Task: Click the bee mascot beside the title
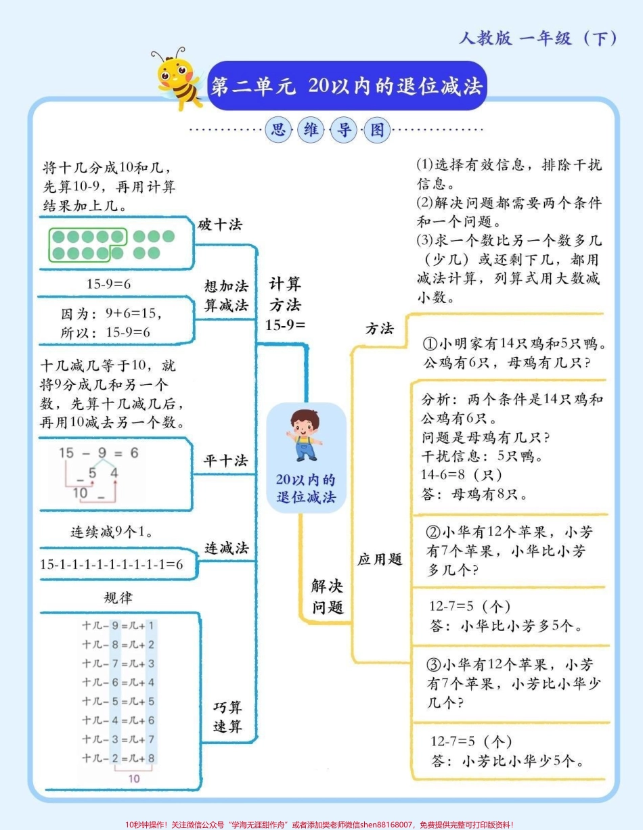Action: click(178, 77)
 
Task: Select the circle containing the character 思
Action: click(278, 130)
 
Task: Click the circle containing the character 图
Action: click(377, 130)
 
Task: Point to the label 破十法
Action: click(220, 225)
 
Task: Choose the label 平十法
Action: click(226, 461)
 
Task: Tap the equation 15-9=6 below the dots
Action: click(109, 284)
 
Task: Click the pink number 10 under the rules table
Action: click(134, 779)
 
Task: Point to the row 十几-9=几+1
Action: click(118, 626)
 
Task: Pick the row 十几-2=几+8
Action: click(118, 758)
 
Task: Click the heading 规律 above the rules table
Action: click(118, 597)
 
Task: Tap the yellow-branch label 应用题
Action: click(380, 559)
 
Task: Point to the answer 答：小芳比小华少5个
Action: click(507, 761)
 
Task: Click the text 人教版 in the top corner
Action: click(485, 39)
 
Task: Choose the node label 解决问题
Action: click(328, 595)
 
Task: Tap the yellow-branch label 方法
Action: click(380, 329)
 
